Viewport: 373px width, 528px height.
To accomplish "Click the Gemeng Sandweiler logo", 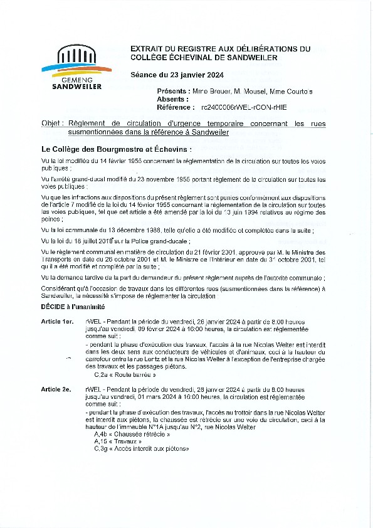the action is point(76,67).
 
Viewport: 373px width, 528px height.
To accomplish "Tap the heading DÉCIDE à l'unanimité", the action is point(72,306).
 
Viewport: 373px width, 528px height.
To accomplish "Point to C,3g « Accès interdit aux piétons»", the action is point(141,449).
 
